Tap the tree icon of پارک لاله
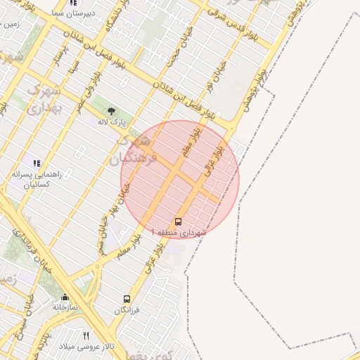111,110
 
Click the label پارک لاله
111,122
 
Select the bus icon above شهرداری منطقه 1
178,221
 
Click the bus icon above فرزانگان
127,299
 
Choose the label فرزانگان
127,310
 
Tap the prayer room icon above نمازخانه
65,297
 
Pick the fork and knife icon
86,335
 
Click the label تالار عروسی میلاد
86,347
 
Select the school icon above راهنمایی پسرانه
37,163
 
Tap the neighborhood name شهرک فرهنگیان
131,149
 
